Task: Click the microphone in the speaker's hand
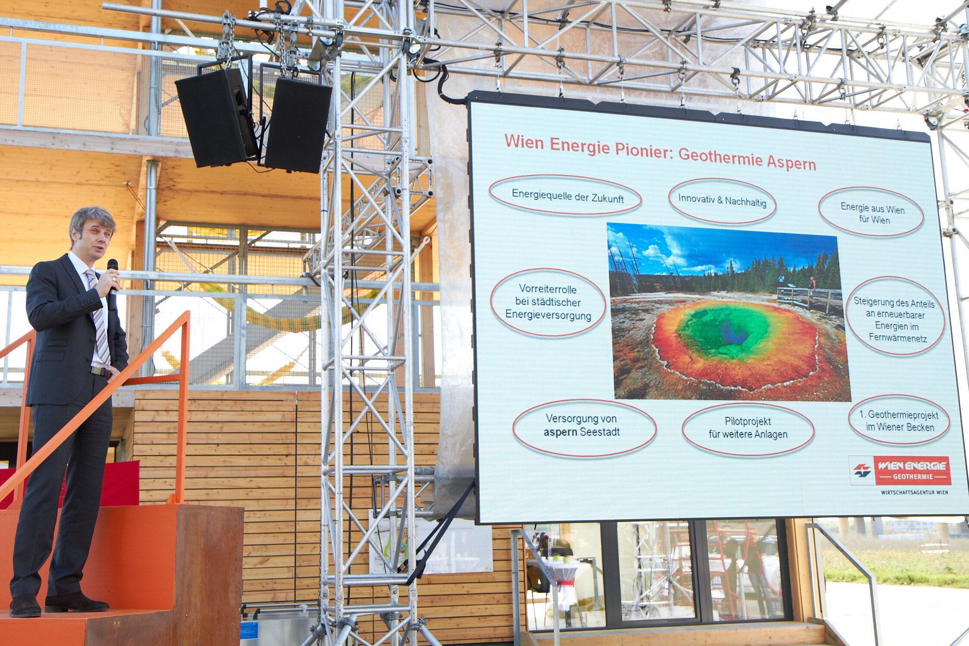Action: click(112, 283)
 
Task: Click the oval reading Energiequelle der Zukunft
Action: click(565, 196)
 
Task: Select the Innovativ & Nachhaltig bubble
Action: click(722, 201)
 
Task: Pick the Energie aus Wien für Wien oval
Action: click(871, 212)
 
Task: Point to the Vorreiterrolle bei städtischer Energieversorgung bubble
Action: click(548, 302)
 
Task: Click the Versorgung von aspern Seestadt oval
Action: click(584, 427)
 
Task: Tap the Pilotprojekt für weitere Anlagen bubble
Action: click(748, 428)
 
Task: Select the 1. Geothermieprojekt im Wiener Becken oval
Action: click(899, 420)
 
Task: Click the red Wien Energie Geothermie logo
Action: click(900, 470)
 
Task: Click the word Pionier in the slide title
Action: click(643, 149)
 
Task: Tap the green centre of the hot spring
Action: click(722, 331)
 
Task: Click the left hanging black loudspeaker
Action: click(216, 117)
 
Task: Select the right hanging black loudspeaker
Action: click(298, 125)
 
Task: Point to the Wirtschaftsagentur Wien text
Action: click(915, 492)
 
